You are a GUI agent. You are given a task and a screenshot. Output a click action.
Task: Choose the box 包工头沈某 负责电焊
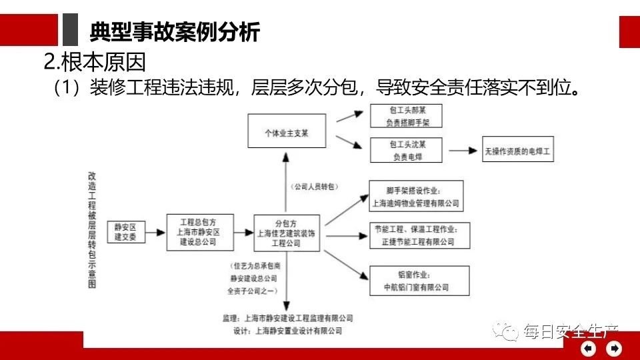407,150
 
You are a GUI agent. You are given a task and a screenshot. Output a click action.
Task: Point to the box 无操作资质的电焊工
519,151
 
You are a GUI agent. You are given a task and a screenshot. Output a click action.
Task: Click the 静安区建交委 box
125,233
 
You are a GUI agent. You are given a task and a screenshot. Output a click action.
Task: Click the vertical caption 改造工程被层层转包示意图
93,229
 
